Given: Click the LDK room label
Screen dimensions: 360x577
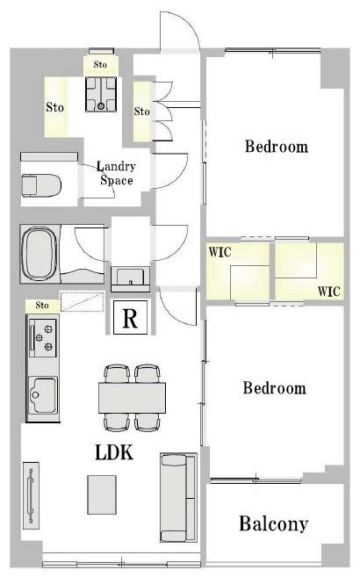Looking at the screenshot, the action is pos(114,452).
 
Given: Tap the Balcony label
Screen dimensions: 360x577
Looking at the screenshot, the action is pos(274,523).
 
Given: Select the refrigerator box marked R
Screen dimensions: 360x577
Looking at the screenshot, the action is pos(131,318).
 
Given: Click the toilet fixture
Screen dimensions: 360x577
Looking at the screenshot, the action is pos(41,185).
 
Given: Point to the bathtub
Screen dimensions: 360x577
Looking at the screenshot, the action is pos(40,255).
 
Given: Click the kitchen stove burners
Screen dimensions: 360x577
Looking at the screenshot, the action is pos(43,338).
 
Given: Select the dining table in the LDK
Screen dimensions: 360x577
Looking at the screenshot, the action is pos(132,398).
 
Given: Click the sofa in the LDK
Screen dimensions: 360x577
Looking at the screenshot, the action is pos(178,497).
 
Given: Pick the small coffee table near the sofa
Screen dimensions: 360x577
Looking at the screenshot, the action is pos(102,494).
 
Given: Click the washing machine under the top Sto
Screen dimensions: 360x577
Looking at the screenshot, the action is pos(101,94).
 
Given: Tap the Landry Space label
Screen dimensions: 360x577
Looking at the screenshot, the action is pos(116,173).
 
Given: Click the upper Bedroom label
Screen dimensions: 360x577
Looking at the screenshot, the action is pos(277,146).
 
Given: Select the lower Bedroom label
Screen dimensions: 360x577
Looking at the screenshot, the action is pos(275,388).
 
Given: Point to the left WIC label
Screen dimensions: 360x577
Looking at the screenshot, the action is pos(220,252).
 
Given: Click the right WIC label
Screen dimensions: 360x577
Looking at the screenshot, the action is pos(328,292).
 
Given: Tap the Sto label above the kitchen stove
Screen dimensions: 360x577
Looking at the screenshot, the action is pos(42,305).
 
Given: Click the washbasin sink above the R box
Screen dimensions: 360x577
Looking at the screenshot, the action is pos(130,277).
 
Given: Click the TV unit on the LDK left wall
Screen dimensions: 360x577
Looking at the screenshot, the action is pos(32,495).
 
